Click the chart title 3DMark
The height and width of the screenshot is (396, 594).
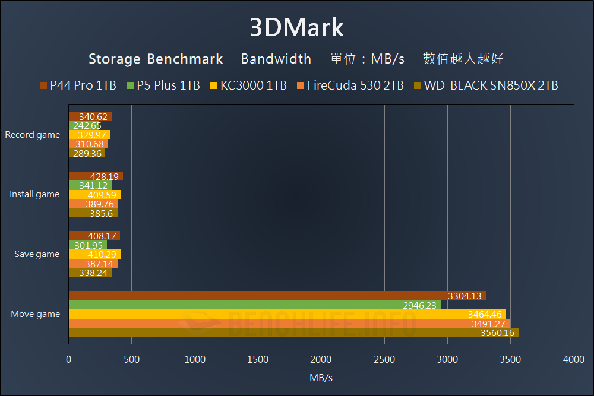[x=296, y=28]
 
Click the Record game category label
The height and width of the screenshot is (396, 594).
[x=33, y=135]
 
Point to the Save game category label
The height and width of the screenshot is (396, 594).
[x=37, y=254]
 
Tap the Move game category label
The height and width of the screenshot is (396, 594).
[x=36, y=314]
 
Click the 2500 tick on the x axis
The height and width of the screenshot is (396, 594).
[x=384, y=359]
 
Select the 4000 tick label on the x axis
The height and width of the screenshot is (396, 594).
[x=573, y=359]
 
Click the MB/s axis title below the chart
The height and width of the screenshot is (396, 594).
[x=321, y=378]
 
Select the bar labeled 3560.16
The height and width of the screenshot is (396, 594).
[x=293, y=332]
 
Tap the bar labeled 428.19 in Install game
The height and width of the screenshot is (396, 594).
[x=96, y=176]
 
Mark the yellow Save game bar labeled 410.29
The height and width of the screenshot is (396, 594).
[x=94, y=254]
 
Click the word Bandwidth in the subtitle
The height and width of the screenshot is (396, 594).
[x=276, y=59]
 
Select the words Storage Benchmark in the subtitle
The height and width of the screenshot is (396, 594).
[x=156, y=59]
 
